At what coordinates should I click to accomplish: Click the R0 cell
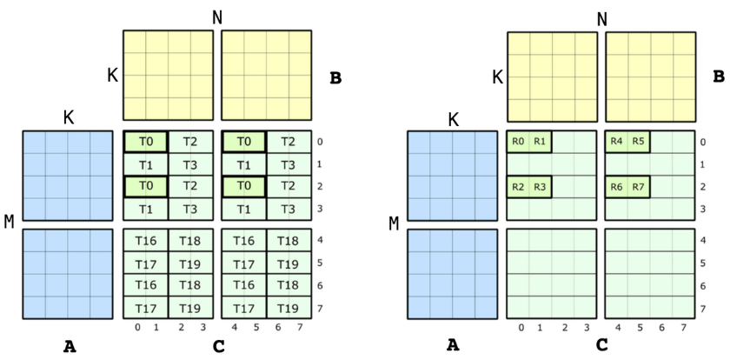point(519,141)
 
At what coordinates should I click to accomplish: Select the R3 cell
point(540,186)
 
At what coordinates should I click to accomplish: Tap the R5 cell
point(639,141)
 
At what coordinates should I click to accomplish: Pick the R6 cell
point(617,186)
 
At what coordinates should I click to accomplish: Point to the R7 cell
point(639,186)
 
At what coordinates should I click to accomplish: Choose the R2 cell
point(519,186)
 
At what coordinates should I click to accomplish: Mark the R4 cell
point(617,141)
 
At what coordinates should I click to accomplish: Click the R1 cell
point(540,141)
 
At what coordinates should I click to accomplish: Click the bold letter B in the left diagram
point(335,77)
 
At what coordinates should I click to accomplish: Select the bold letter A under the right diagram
point(453,346)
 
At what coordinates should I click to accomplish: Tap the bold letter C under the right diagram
point(601,346)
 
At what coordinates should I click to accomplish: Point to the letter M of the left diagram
point(9,222)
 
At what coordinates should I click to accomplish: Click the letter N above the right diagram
point(601,18)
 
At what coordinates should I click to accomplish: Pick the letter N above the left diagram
point(217,18)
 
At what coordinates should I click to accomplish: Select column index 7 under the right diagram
point(684,328)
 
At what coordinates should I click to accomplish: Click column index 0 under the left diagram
point(136,328)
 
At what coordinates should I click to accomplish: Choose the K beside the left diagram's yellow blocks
point(112,76)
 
